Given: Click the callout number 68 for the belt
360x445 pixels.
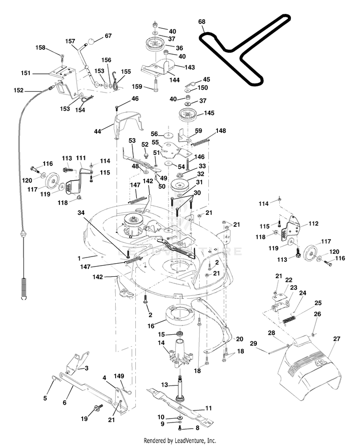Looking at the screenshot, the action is tap(202, 22).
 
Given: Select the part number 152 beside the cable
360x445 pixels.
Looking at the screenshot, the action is tap(18, 90).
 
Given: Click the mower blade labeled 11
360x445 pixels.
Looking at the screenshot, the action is tap(180, 407).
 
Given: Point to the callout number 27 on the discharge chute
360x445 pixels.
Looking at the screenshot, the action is tap(336, 339).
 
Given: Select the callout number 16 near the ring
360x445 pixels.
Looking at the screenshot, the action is tap(151, 326).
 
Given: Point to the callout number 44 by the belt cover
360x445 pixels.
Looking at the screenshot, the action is tap(97, 131).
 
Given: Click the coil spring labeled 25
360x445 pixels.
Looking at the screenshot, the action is tap(289, 319).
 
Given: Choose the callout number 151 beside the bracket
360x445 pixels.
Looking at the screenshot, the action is tap(25, 73).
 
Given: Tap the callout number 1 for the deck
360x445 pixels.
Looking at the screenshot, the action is tap(79, 258).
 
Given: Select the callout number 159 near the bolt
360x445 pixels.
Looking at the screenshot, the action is tap(137, 86).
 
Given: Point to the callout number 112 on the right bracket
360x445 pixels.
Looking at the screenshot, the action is tap(313, 223).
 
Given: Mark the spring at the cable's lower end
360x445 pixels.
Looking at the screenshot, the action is tap(24, 288).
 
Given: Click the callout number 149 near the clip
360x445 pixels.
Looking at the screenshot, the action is tap(119, 376).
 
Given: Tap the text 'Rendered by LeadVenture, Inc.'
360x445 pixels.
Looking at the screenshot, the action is tap(180, 440).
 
